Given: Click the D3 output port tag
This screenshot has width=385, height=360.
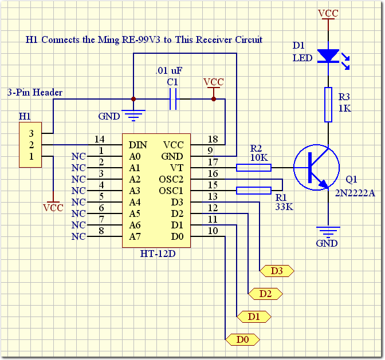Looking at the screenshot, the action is [277, 271].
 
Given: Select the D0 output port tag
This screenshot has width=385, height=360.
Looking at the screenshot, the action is [242, 339].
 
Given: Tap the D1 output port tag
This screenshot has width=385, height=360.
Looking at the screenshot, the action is [254, 317].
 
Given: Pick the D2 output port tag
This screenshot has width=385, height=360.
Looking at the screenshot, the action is [265, 294].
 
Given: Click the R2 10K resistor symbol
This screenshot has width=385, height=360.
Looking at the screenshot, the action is [254, 168].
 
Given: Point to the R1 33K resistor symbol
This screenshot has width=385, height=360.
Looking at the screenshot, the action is [254, 191].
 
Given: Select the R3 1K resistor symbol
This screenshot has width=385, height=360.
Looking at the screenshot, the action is [328, 105].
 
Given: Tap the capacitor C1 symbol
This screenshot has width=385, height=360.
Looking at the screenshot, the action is [173, 99].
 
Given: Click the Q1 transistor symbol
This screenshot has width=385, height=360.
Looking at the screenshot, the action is [317, 168].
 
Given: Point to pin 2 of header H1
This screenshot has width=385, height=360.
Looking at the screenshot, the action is [31, 145].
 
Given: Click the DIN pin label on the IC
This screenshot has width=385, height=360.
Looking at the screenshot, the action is [137, 145].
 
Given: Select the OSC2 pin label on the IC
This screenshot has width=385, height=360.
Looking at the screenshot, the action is [171, 179].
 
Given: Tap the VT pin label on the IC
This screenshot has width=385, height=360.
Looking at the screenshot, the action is [177, 168].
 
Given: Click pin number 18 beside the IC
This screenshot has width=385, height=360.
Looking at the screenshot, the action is [213, 139].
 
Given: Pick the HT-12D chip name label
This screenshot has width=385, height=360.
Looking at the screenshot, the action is [158, 254].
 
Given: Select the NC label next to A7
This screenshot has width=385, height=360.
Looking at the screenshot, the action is [78, 236].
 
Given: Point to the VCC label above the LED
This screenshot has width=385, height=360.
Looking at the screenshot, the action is [328, 13].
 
